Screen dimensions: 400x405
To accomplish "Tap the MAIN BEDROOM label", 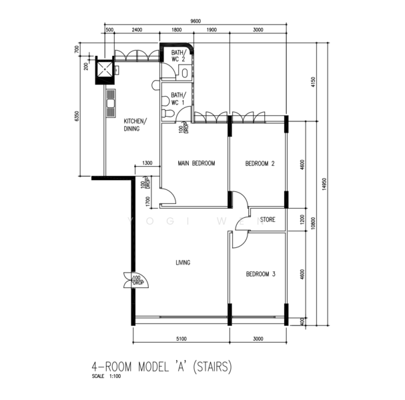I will click(196, 163).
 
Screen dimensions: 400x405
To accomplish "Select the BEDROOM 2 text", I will click(260, 163).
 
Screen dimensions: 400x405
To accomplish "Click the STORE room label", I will click(268, 219).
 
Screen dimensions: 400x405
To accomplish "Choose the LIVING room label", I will click(183, 263).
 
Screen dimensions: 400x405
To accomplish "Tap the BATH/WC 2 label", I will click(178, 55).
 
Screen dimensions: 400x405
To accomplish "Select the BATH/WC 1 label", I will click(178, 99).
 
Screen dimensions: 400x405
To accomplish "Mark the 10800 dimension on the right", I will click(313, 226).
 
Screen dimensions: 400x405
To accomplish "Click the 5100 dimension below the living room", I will click(180, 338).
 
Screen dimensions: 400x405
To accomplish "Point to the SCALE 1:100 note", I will click(109, 378).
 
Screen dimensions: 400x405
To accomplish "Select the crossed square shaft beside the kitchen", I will click(106, 70).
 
